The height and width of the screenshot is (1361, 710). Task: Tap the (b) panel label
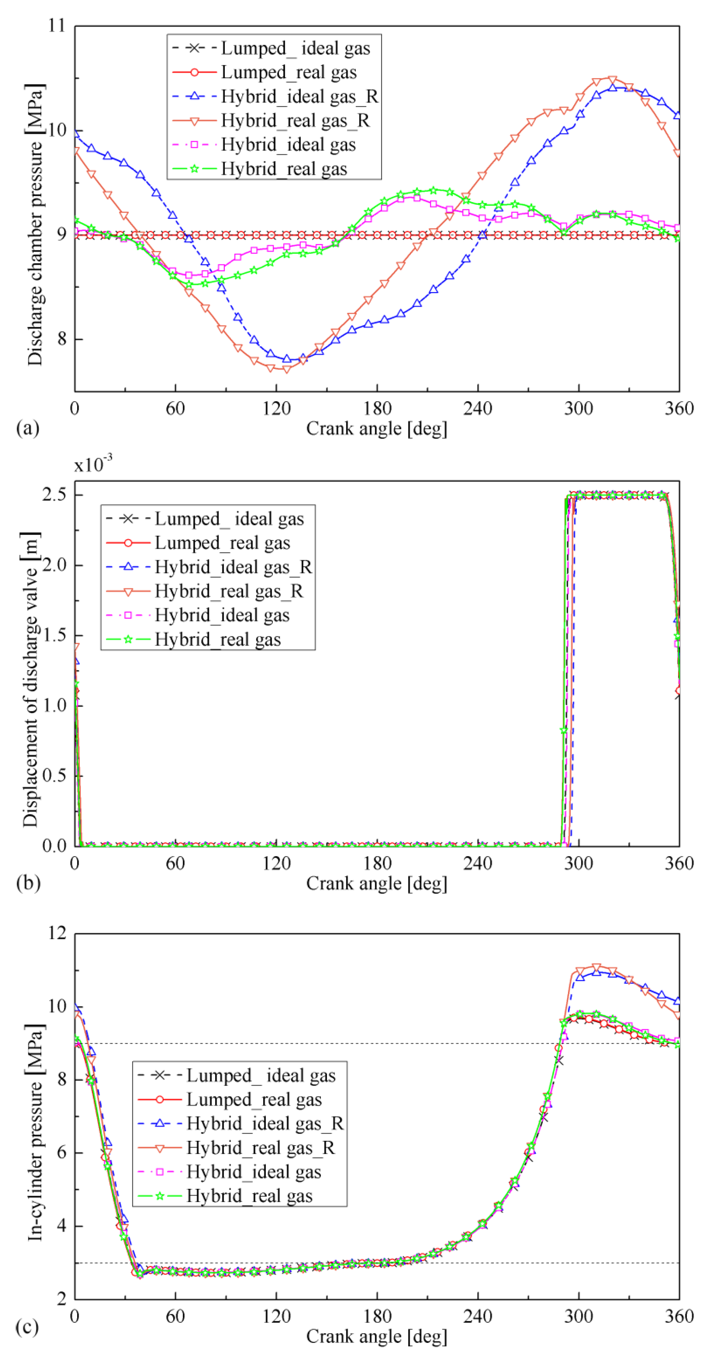pyautogui.click(x=28, y=883)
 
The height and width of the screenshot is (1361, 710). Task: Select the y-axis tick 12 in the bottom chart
pyautogui.click(x=57, y=933)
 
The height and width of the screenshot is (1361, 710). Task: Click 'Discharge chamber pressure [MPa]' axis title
pyautogui.click(x=35, y=224)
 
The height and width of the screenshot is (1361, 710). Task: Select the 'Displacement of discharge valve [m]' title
pyautogui.click(x=31, y=679)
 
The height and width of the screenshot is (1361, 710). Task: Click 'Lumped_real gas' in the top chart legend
pyautogui.click(x=289, y=72)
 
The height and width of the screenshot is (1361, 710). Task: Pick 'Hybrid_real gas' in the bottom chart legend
pyautogui.click(x=249, y=1195)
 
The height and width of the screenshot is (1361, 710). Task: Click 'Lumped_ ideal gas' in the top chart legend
pyautogui.click(x=296, y=48)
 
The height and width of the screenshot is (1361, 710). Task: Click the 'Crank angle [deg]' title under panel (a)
pyautogui.click(x=376, y=428)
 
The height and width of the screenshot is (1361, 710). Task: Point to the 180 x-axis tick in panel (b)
pyautogui.click(x=377, y=863)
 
